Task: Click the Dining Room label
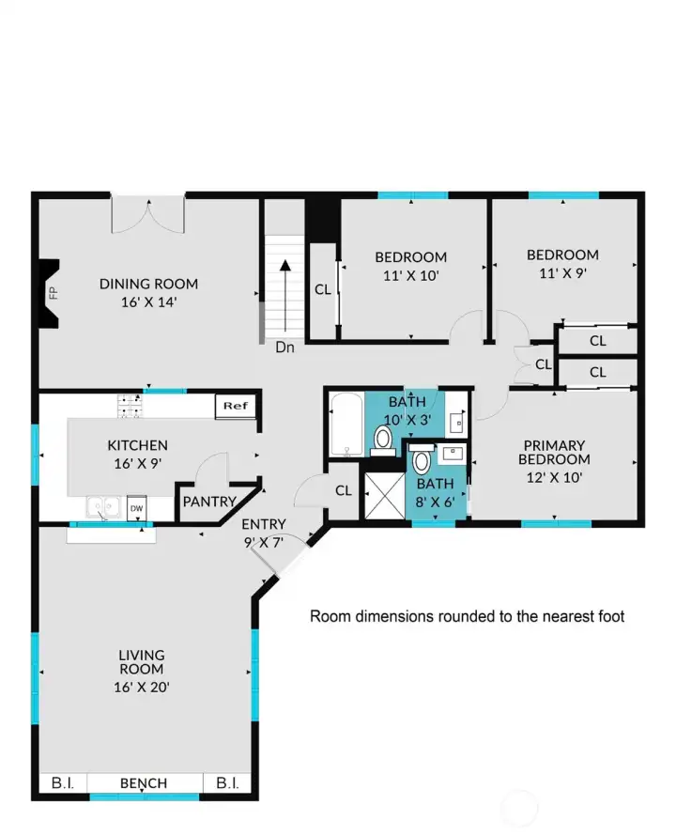(x=149, y=284)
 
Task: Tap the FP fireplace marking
(x=53, y=291)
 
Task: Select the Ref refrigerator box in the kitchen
(x=235, y=406)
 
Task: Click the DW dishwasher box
(x=136, y=508)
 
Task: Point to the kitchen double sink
(x=102, y=507)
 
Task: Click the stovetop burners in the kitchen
(x=130, y=405)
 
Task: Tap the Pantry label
(x=208, y=503)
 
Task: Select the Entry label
(x=264, y=524)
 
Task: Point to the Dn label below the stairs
(x=285, y=347)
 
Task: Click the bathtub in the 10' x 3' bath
(x=346, y=425)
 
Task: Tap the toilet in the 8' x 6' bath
(x=422, y=461)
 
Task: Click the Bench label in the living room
(x=144, y=783)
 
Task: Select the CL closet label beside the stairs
(x=322, y=289)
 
